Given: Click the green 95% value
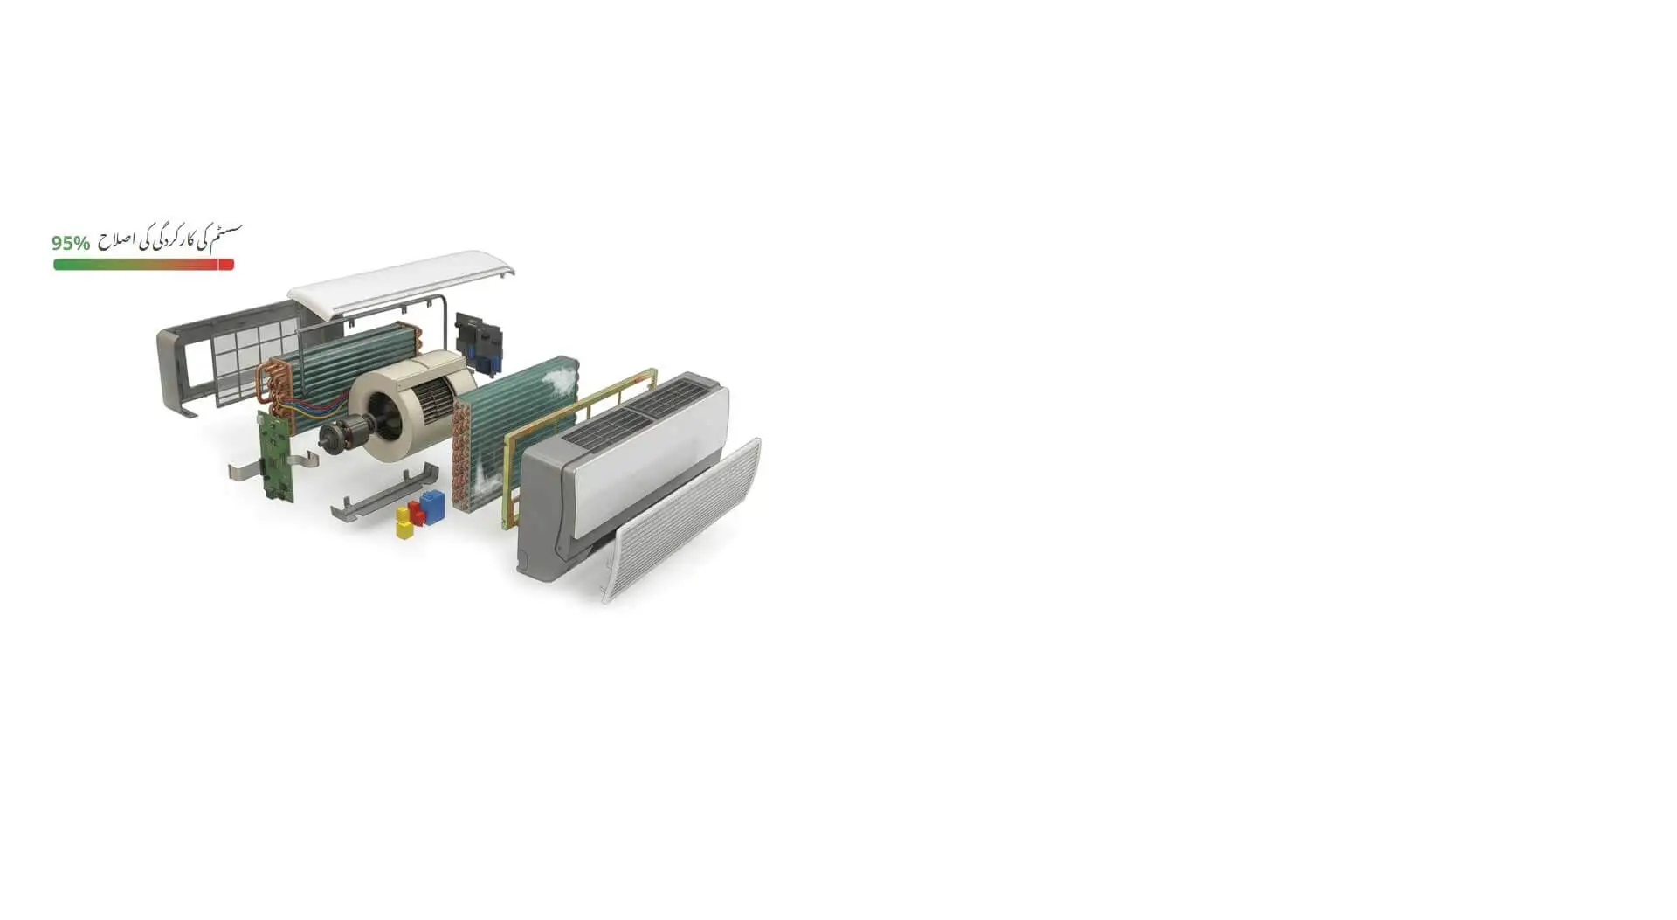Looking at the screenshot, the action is tap(71, 243).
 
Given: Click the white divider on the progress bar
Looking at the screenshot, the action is tap(217, 265).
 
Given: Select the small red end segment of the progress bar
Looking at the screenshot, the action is tap(226, 265).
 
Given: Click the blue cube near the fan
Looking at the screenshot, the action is tap(432, 506).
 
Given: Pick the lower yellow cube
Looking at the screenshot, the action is tap(404, 529).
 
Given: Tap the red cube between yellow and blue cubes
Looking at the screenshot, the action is tap(417, 513).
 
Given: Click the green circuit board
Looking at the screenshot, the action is tap(274, 454).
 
